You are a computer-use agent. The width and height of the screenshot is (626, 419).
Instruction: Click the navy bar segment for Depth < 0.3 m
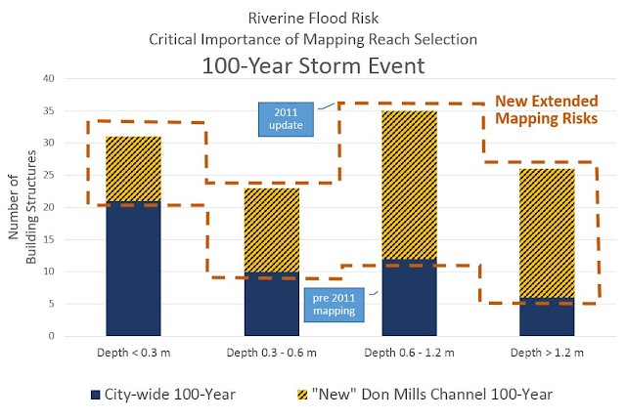click(133, 269)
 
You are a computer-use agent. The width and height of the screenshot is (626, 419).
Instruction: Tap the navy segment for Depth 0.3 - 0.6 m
click(271, 304)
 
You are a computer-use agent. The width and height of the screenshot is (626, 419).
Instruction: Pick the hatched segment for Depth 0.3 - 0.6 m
click(271, 230)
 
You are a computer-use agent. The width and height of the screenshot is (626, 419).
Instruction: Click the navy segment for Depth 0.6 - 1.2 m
click(409, 297)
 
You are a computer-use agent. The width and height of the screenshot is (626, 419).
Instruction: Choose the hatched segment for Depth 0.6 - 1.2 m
click(409, 185)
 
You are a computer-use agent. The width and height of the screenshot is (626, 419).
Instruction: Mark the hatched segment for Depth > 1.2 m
click(547, 233)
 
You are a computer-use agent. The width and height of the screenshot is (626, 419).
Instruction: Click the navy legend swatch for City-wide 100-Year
click(95, 395)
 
